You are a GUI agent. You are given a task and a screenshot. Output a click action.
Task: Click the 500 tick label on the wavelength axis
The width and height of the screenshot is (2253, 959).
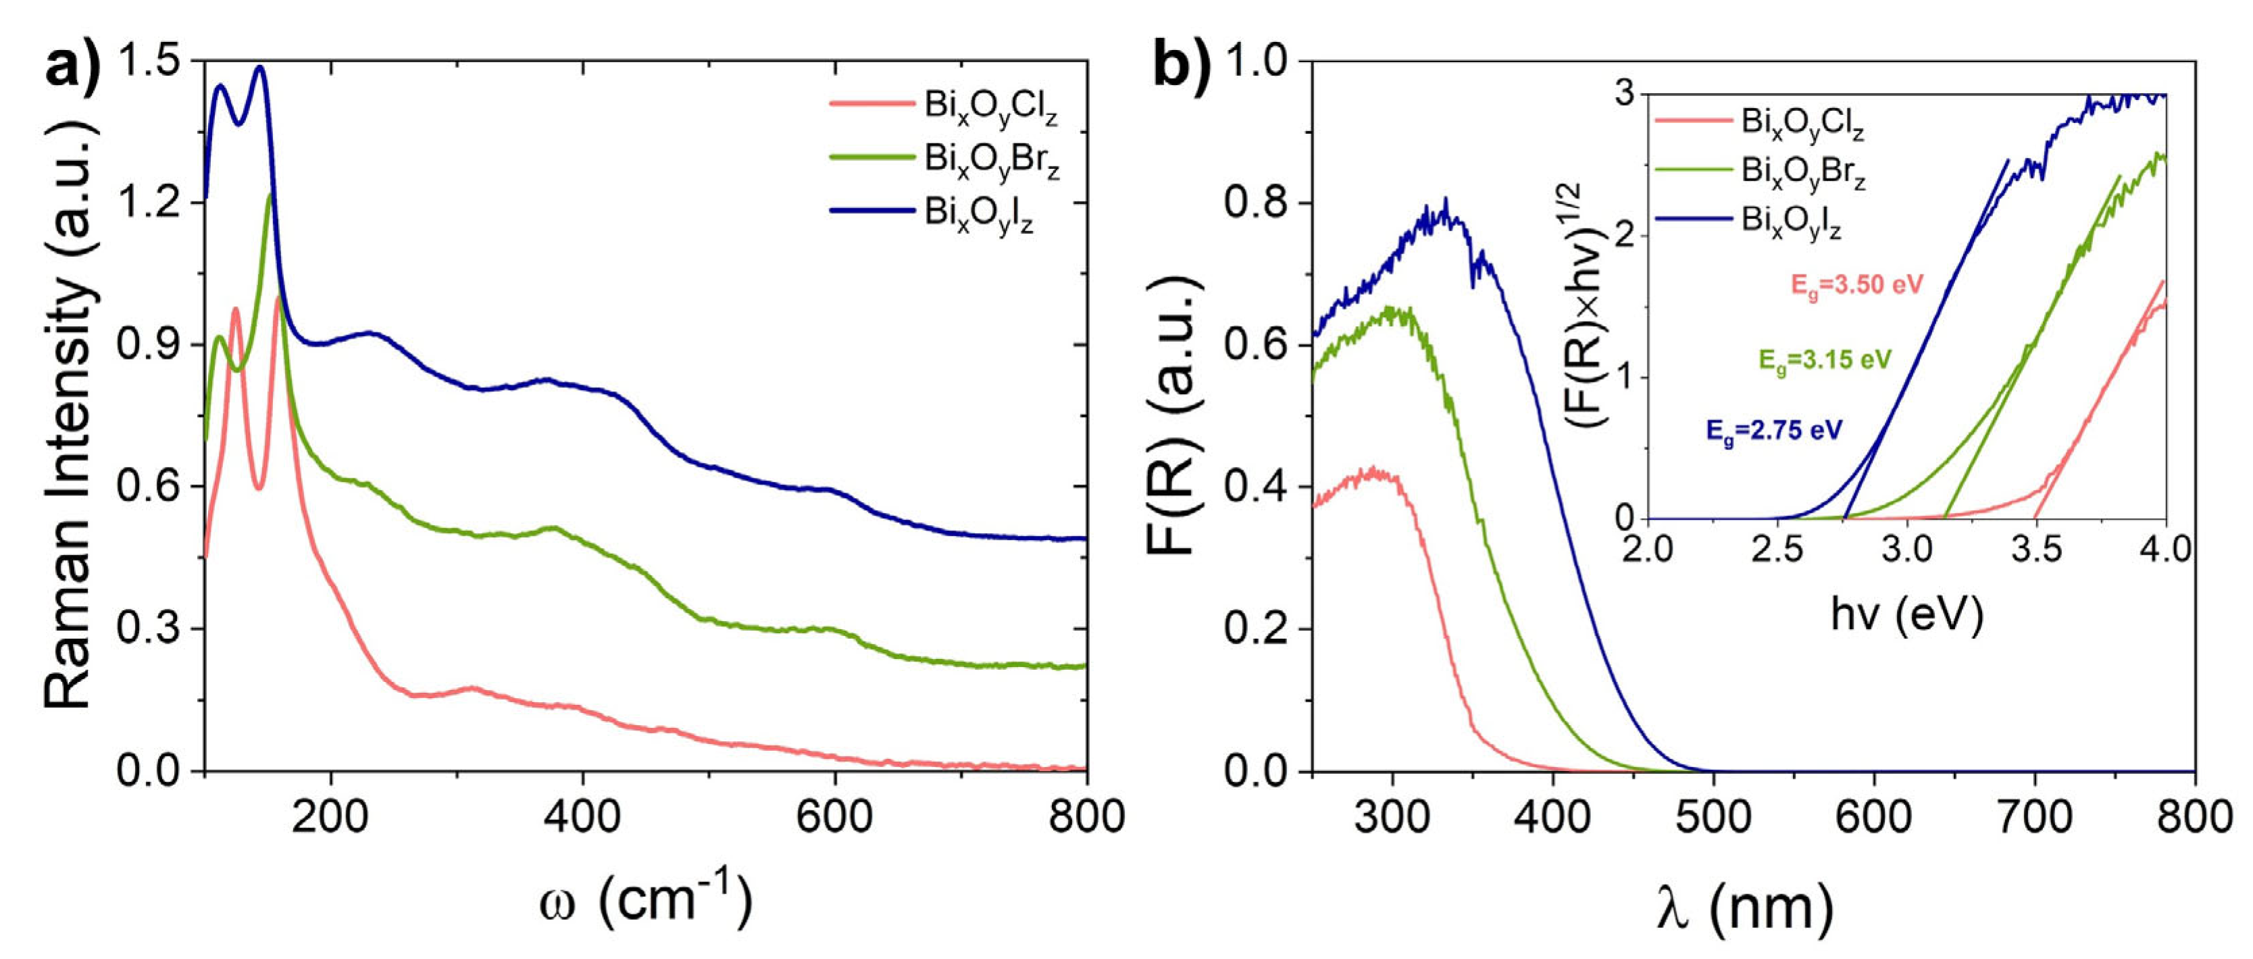tap(1713, 817)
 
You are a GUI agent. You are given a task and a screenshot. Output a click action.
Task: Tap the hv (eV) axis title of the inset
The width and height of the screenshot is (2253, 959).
tap(1906, 615)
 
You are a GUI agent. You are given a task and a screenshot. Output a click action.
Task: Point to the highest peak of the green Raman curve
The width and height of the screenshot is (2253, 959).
tap(270, 194)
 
